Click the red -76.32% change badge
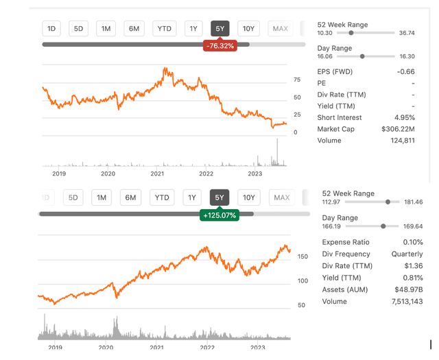[220, 45]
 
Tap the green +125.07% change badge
[219, 215]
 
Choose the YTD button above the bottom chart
[162, 198]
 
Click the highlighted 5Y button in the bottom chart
[219, 198]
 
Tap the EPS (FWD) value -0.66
[405, 71]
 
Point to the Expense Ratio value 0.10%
[409, 242]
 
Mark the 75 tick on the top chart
[297, 80]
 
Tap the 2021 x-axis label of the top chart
[158, 174]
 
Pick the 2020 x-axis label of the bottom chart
[106, 348]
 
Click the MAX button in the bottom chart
[282, 198]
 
